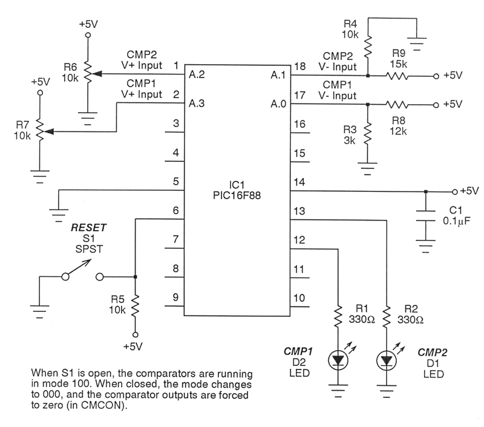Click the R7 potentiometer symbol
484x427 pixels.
pos(40,131)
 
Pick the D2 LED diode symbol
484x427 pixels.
pos(337,361)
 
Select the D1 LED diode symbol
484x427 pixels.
pos(385,361)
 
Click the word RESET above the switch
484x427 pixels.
pos(89,228)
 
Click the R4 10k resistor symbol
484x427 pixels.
pos(368,47)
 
